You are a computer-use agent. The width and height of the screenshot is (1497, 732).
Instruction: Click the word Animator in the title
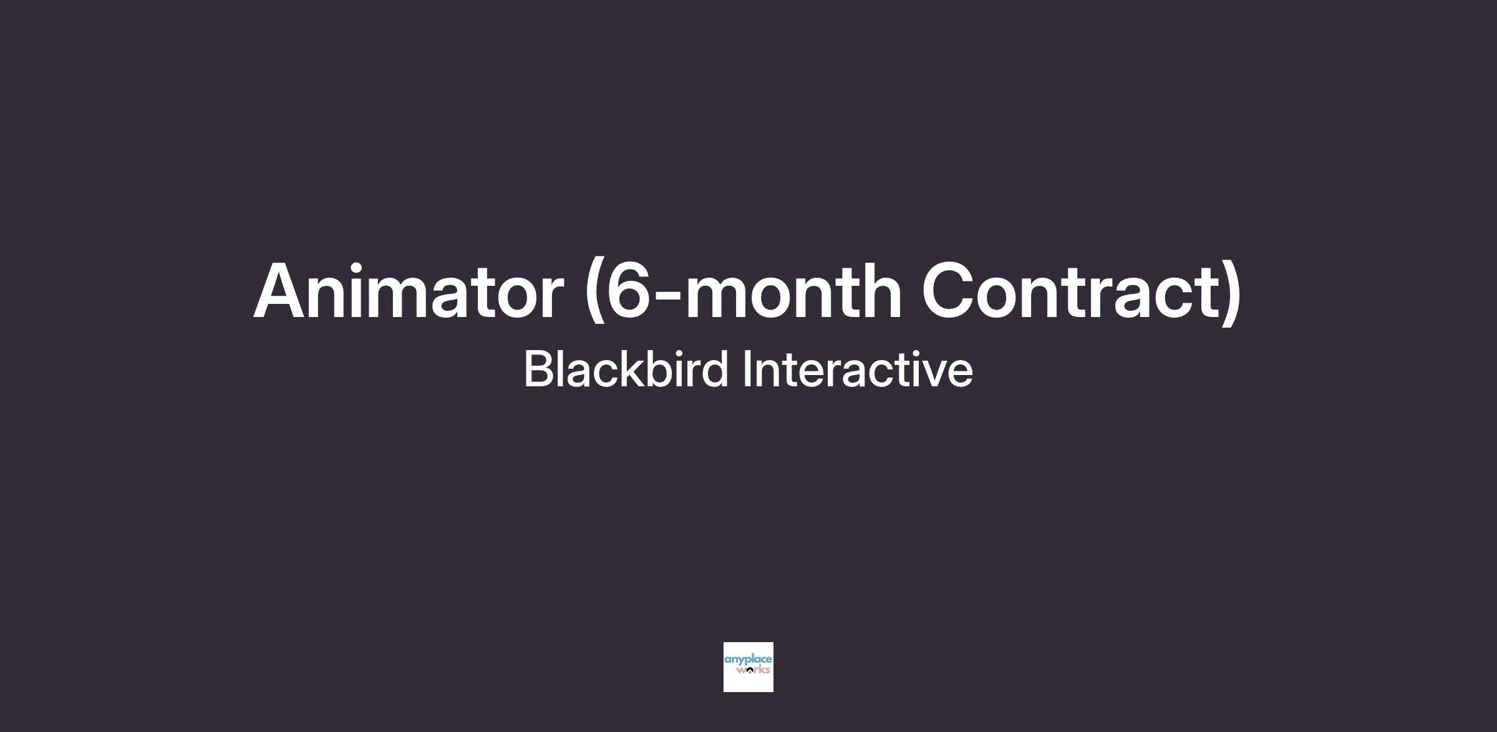[x=409, y=290]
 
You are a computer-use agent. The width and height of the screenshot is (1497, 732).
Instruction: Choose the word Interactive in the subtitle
[x=858, y=368]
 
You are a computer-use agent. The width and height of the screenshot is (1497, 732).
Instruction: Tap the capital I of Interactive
[x=747, y=369]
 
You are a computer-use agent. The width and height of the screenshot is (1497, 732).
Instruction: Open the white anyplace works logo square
[x=748, y=667]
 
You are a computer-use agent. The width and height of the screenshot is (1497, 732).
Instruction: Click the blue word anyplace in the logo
[x=748, y=660]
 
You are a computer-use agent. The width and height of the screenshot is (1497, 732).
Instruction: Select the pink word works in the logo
[x=753, y=671]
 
